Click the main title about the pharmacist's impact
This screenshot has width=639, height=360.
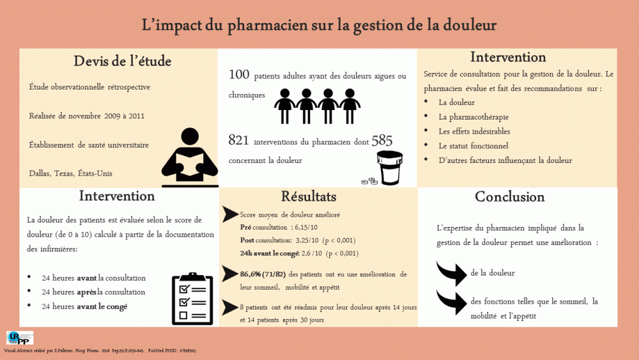pyautogui.click(x=319, y=25)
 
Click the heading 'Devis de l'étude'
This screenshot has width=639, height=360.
pyautogui.click(x=122, y=61)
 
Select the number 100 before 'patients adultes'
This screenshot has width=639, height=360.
pyautogui.click(x=238, y=75)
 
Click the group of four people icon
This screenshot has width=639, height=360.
pyautogui.click(x=317, y=106)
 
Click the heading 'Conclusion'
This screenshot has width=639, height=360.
pyautogui.click(x=509, y=197)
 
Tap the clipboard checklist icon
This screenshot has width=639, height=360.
pyautogui.click(x=192, y=297)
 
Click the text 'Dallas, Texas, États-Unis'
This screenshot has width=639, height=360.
pyautogui.click(x=72, y=173)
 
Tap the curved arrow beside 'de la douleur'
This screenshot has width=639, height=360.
pyautogui.click(x=452, y=272)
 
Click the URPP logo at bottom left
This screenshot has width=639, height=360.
pyautogui.click(x=19, y=338)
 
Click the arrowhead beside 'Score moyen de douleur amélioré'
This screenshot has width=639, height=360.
pyautogui.click(x=230, y=215)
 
